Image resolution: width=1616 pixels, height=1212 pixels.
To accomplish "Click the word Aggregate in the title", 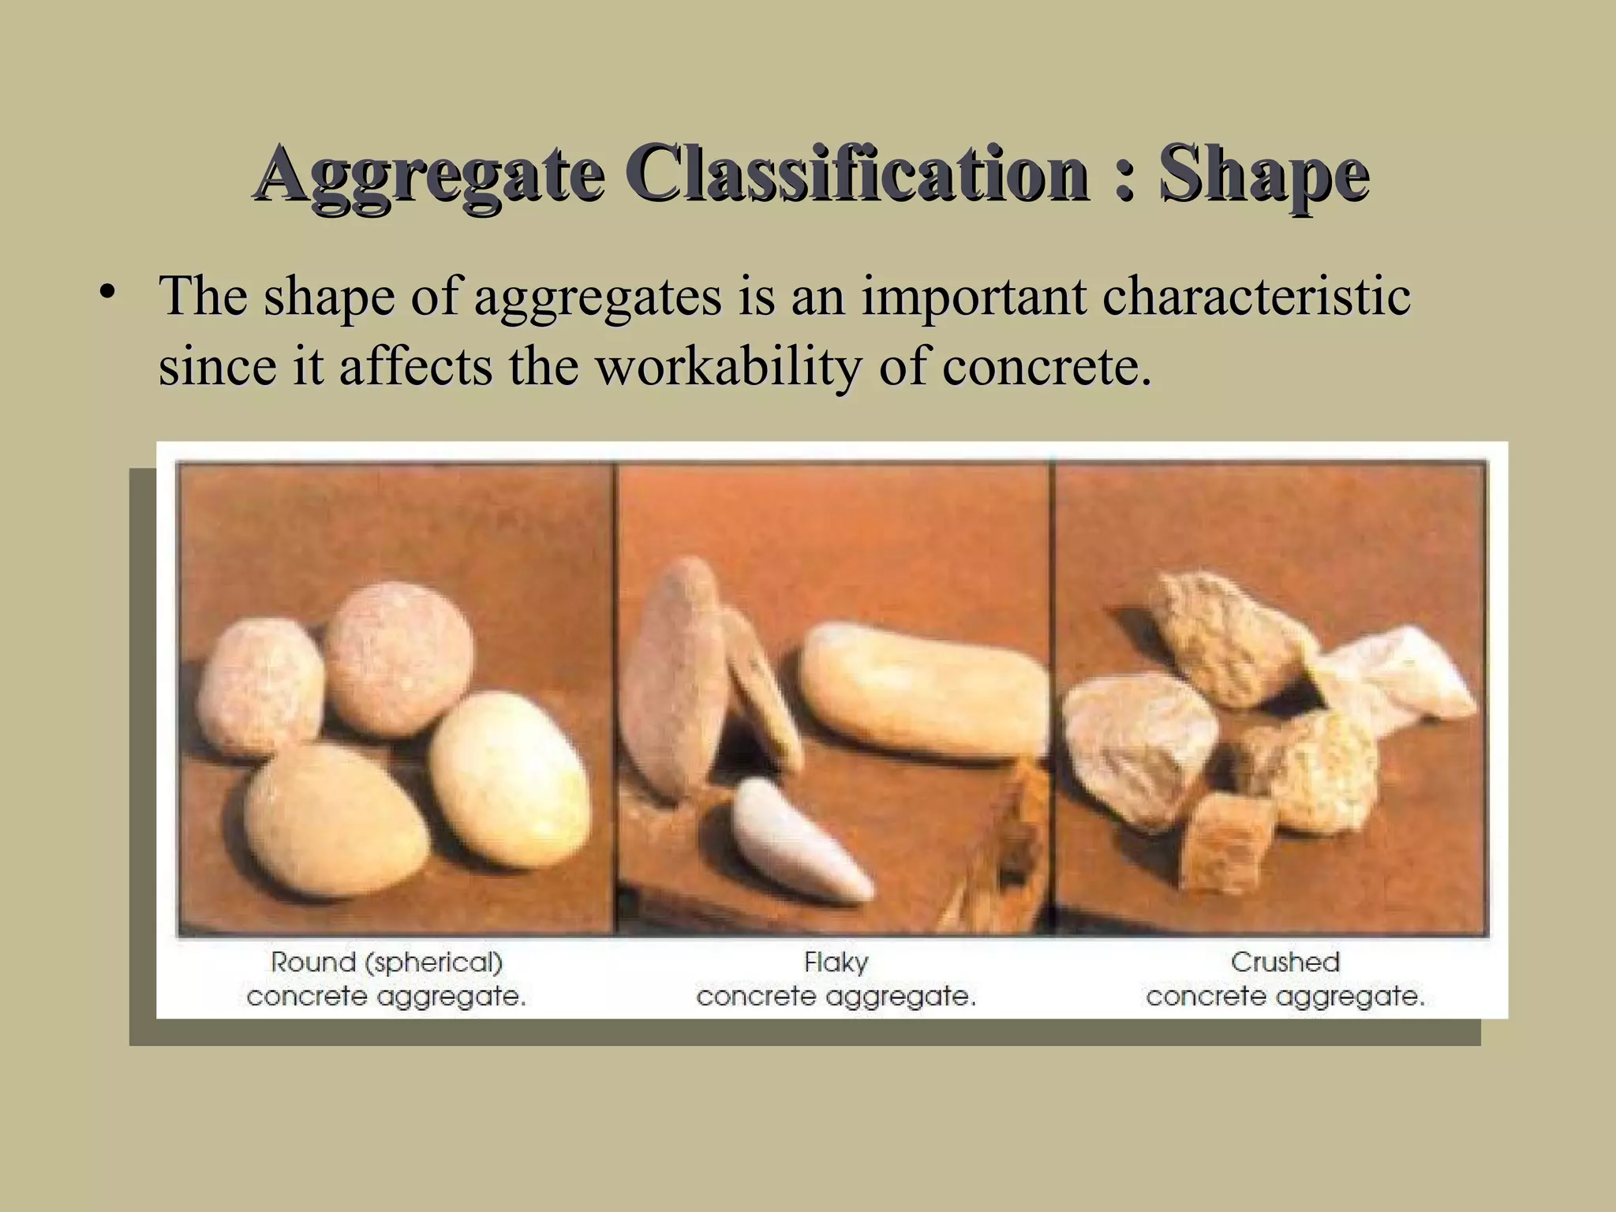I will (x=430, y=174).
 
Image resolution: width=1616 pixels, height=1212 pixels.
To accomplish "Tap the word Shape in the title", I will (x=1264, y=174).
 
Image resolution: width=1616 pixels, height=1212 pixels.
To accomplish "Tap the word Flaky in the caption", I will (x=836, y=963).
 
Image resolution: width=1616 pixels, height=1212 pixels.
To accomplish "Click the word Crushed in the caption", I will (x=1285, y=963).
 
